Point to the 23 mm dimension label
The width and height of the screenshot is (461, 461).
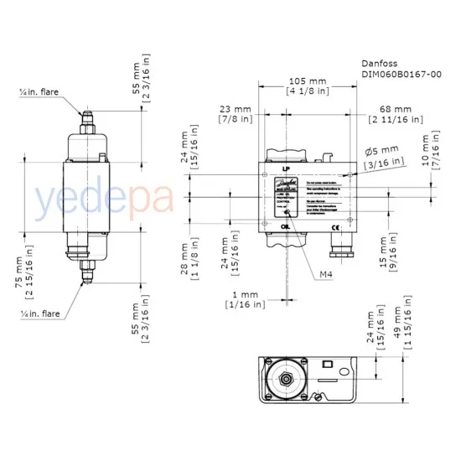pos(236,109)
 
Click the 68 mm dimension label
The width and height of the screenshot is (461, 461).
pos(395,109)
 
